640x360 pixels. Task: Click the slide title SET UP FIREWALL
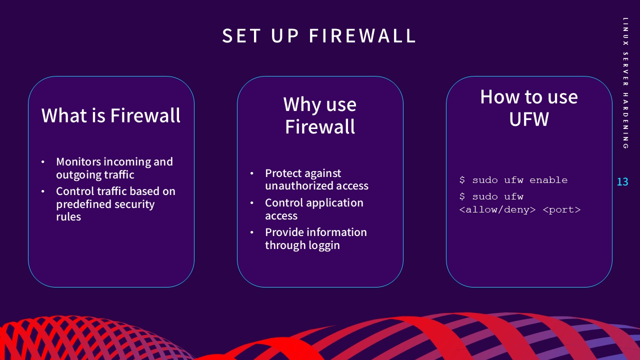(x=319, y=36)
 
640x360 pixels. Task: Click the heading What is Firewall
(x=111, y=115)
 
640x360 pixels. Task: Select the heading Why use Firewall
(x=320, y=115)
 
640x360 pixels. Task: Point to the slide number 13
(x=622, y=182)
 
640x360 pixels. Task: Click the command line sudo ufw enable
(x=513, y=180)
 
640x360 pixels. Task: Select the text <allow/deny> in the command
(x=497, y=209)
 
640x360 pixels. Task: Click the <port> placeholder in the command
(x=561, y=209)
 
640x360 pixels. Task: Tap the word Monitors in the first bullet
(x=78, y=162)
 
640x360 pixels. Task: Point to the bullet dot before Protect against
(x=252, y=174)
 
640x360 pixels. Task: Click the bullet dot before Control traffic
(x=43, y=192)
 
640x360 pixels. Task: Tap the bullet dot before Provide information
(x=252, y=233)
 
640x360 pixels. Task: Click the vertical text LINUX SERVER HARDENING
(x=625, y=83)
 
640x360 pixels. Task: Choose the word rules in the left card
(x=68, y=217)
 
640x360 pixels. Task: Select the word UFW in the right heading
(x=528, y=119)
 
